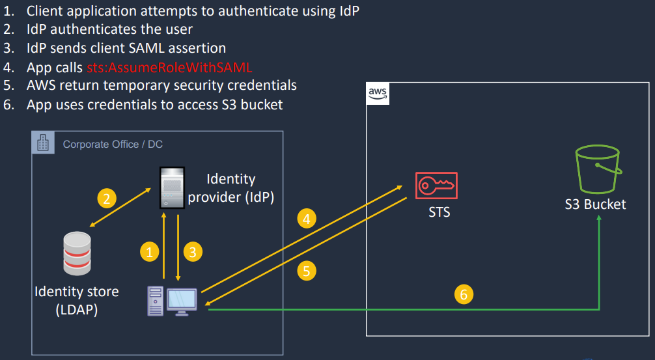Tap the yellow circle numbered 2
[x=107, y=198]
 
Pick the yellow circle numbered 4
[x=307, y=219]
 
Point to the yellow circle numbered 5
[x=307, y=270]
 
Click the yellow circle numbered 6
[x=464, y=295]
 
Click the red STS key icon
[x=436, y=186]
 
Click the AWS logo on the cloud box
[x=378, y=94]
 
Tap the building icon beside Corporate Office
[x=43, y=143]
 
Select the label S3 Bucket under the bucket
[x=595, y=204]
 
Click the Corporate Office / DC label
[x=113, y=144]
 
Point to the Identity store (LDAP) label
[x=77, y=300]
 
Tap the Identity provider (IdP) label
[x=230, y=188]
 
